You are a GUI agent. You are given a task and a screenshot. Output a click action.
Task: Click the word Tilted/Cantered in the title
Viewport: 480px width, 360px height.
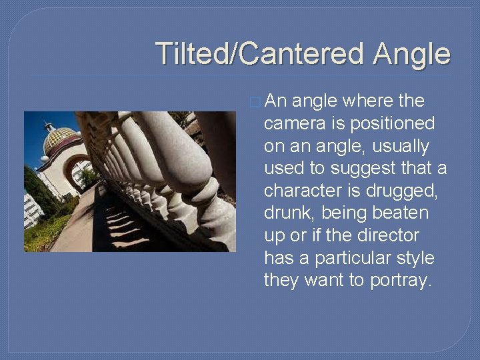(261, 53)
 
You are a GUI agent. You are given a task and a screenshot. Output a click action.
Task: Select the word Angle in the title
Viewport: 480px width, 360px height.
(411, 53)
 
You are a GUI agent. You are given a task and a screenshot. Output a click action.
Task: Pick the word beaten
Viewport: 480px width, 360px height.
(401, 213)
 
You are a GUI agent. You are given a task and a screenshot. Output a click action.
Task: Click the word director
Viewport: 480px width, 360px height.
(389, 235)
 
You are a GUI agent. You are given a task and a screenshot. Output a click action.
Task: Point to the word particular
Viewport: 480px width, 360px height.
(347, 258)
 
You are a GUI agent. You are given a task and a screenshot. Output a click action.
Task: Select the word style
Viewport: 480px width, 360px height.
(414, 258)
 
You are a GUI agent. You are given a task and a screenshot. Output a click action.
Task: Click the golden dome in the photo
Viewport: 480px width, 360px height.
(59, 138)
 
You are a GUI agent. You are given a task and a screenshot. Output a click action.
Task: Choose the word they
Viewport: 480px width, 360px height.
(282, 280)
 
